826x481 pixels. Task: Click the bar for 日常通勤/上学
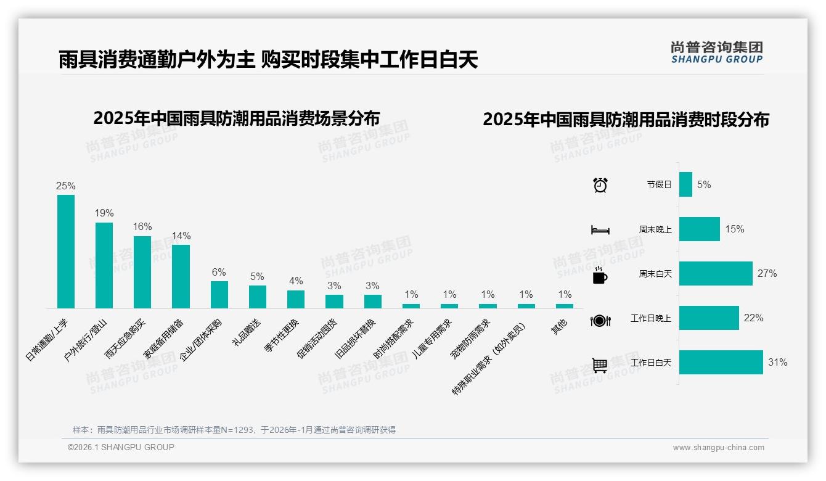pos(66,252)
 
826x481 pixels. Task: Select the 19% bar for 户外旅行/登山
pos(104,265)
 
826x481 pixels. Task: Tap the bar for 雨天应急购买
pos(142,272)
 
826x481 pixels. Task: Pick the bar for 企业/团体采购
pos(219,295)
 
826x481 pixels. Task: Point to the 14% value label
pos(181,236)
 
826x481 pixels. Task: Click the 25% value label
pos(66,186)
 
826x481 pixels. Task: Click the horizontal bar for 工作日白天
pos(721,363)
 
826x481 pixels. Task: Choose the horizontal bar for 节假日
pos(685,184)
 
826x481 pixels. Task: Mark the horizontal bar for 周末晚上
pos(699,229)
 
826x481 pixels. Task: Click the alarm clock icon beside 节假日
pos(600,185)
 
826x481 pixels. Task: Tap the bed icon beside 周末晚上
pos(600,230)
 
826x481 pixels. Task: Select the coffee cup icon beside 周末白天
pos(600,276)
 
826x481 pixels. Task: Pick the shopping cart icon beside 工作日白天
pos(600,365)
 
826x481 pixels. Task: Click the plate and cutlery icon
pos(600,320)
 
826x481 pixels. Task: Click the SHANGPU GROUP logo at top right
pos(716,52)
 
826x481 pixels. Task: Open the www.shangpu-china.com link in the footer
pos(718,448)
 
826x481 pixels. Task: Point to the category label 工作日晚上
pos(650,318)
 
